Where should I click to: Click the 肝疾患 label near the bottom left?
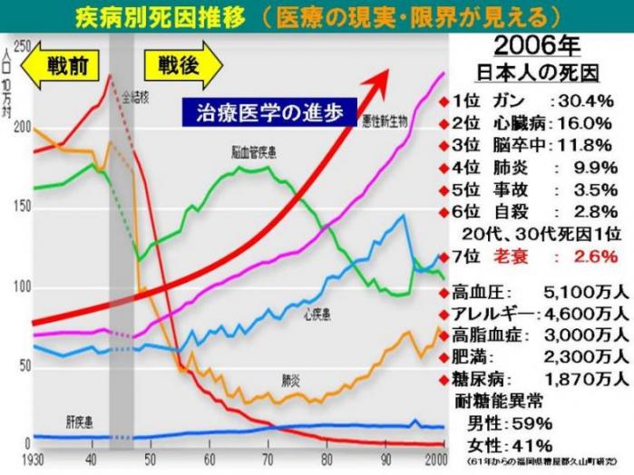[81, 422]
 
